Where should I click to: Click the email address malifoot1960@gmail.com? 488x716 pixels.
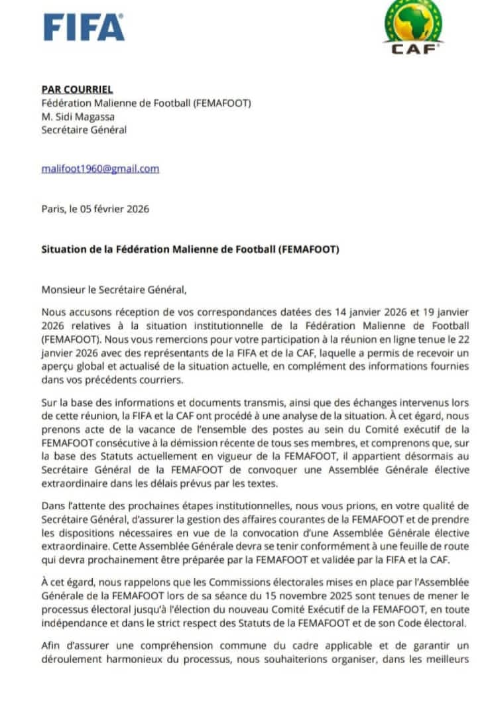tap(100, 168)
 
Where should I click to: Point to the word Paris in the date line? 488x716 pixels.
tap(54, 209)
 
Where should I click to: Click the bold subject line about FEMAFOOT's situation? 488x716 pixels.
tap(190, 249)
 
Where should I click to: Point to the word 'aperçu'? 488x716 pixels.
tap(60, 367)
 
